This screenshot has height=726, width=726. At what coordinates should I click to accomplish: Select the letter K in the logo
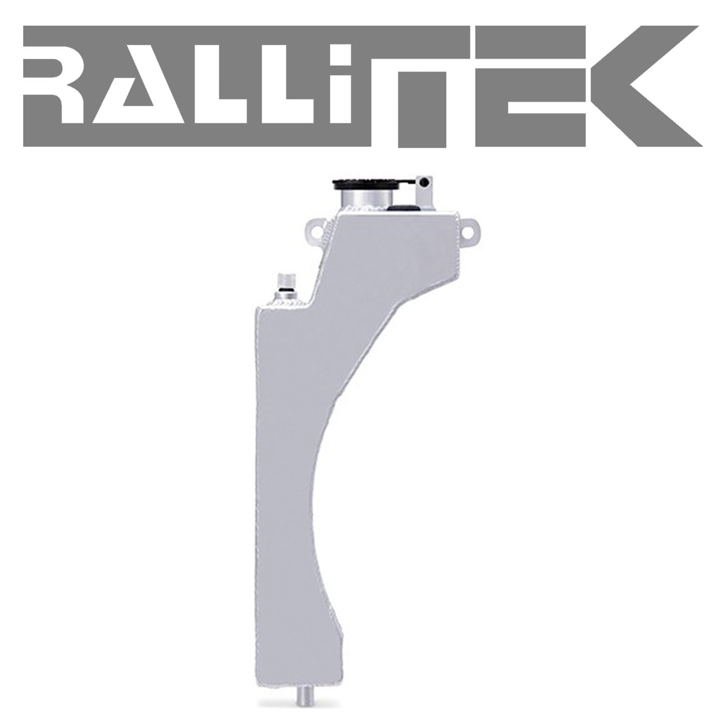pos(641,86)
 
